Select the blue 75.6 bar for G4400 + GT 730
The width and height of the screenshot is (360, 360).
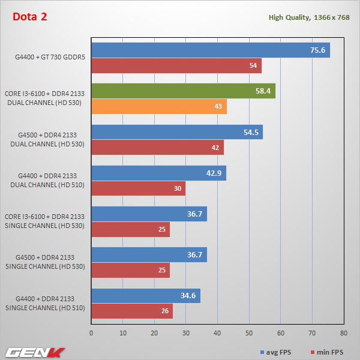point(210,50)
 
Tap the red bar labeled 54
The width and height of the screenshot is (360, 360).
point(176,66)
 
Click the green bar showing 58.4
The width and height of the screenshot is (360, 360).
point(183,91)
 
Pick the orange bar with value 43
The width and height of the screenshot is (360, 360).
point(159,107)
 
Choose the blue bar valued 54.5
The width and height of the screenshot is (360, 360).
point(177,132)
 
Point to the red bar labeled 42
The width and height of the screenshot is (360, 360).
point(157,148)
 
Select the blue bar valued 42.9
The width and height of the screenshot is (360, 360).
point(158,173)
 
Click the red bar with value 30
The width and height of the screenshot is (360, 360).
point(138,188)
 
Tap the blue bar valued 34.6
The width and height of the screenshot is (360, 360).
point(146,296)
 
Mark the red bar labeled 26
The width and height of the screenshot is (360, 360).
point(132,311)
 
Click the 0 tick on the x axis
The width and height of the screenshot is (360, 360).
point(91,332)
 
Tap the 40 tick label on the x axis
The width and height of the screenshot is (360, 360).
point(217,332)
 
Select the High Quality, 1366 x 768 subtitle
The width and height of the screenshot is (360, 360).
point(309,17)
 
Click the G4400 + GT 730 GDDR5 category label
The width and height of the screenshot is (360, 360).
point(50,58)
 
